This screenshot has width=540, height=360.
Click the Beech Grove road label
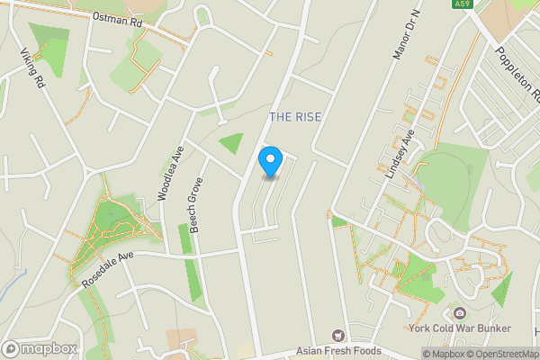195,205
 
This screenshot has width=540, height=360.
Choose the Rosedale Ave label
107,268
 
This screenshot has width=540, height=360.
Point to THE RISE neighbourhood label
295,118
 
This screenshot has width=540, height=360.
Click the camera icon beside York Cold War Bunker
460,313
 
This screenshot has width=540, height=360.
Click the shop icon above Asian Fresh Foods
339,335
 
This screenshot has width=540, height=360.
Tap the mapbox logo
40,348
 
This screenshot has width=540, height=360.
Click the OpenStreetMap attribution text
503,354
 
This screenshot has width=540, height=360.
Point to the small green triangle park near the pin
232,142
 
